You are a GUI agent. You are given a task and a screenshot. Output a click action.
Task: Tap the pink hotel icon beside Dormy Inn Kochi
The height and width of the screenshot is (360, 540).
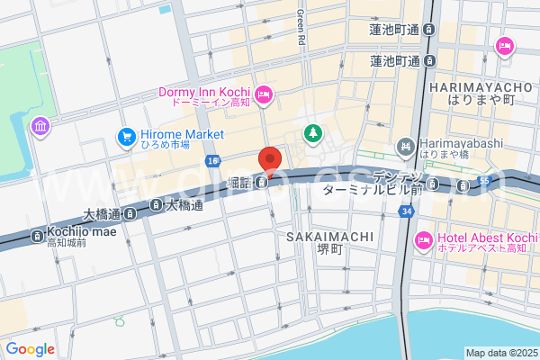pyautogui.click(x=264, y=93)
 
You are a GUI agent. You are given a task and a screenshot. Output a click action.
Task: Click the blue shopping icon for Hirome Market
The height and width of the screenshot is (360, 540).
pyautogui.click(x=125, y=136)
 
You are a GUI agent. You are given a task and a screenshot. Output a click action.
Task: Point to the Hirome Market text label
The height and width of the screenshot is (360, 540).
pyautogui.click(x=182, y=134)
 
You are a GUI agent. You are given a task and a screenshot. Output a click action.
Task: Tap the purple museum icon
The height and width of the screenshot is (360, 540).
pyautogui.click(x=39, y=126)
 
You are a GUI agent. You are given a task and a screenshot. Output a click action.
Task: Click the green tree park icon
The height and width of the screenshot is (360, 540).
pyautogui.click(x=312, y=133)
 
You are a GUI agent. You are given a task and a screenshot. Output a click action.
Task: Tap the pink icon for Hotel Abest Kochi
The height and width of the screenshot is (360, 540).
pyautogui.click(x=423, y=240)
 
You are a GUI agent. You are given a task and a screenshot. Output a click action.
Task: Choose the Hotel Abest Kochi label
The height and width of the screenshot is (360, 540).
pyautogui.click(x=486, y=238)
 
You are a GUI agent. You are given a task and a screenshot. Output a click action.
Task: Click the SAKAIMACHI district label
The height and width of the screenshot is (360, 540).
pyautogui.click(x=330, y=237)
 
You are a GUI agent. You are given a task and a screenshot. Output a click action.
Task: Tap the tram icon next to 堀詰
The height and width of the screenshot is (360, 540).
pyautogui.click(x=260, y=183)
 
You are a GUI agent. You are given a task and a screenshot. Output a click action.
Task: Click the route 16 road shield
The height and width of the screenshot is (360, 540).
pyautogui.click(x=212, y=160)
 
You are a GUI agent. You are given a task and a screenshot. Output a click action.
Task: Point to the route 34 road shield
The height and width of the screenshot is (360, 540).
pyautogui.click(x=408, y=211)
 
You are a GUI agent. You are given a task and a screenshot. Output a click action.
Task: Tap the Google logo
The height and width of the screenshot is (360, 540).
pyautogui.click(x=30, y=349)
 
